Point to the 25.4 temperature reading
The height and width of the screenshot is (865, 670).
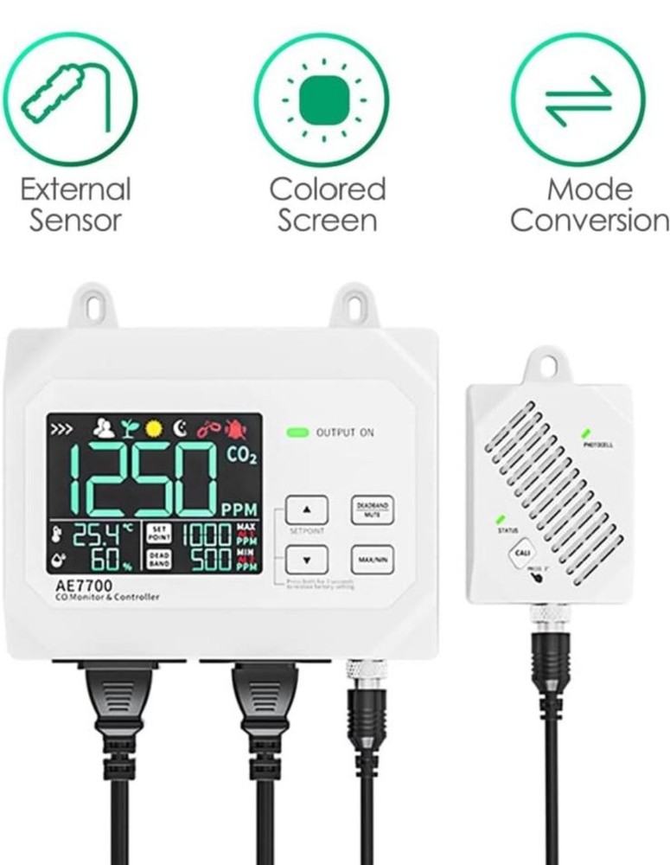94,535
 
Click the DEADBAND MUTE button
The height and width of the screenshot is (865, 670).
370,510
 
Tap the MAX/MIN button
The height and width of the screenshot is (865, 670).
370,560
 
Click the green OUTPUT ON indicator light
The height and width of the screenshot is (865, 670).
299,432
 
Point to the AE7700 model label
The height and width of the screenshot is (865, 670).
80,585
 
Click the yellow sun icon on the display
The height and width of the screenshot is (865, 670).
155,428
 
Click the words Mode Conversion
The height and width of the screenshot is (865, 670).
589,204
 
